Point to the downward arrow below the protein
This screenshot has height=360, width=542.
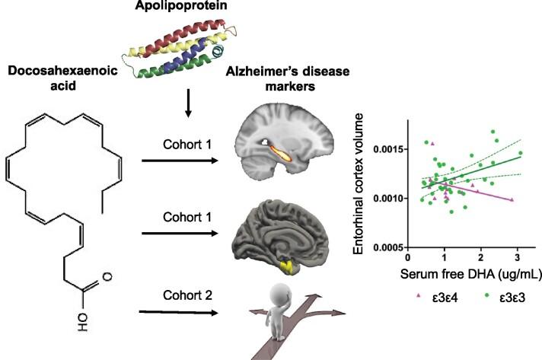point(188,106)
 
